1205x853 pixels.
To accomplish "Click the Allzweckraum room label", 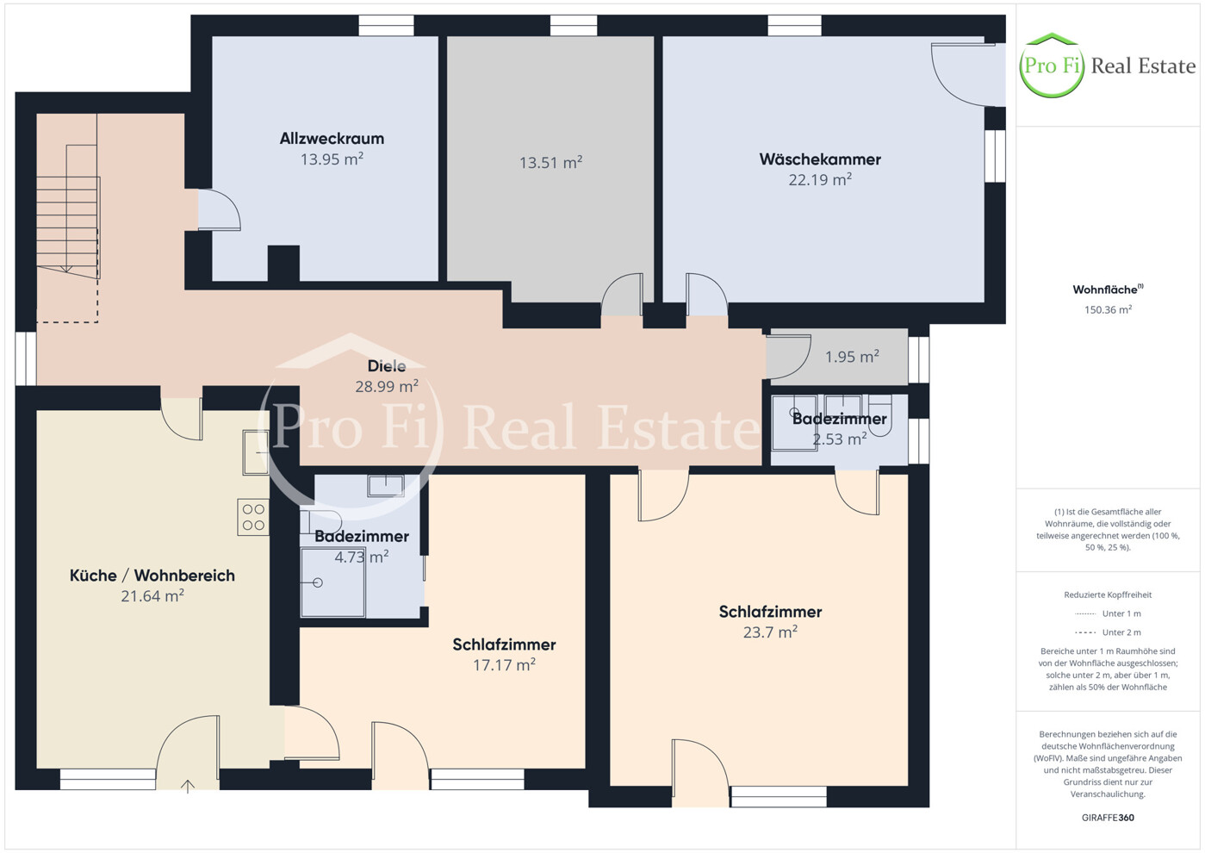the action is [332, 139].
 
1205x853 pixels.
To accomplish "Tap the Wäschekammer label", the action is [820, 159].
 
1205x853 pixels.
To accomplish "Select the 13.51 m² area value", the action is [551, 163].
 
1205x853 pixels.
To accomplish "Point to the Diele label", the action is [387, 366].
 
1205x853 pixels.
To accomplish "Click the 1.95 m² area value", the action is [852, 356].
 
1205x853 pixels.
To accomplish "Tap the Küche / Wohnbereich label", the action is [152, 576].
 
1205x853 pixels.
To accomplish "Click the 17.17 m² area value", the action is [504, 665].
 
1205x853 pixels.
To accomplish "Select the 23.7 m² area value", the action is [770, 632].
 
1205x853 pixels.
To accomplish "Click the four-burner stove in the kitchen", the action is [253, 517].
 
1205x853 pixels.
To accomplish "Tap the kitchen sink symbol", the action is [256, 452].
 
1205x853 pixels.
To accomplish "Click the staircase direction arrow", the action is [66, 267].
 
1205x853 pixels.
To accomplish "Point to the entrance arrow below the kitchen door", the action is [187, 787].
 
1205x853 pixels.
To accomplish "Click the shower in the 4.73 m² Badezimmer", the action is [333, 582].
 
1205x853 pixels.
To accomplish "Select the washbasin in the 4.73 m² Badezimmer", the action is [386, 485].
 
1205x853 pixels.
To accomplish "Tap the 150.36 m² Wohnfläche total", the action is [1108, 309].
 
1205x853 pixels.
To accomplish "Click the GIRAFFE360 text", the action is [1108, 818].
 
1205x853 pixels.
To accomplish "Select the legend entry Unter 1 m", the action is [1121, 613].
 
